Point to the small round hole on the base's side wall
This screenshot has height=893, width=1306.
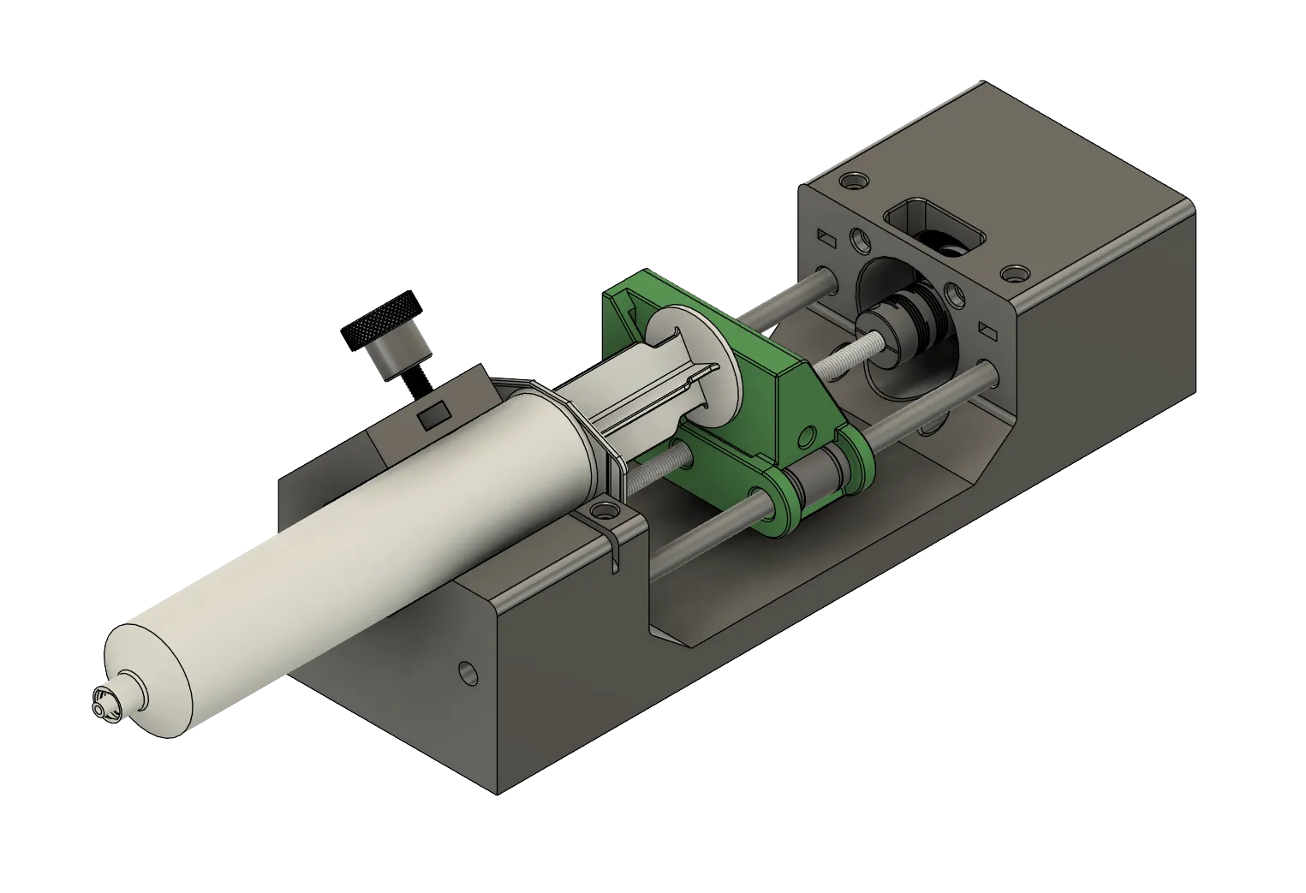click(x=467, y=671)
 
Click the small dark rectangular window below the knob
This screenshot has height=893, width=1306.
click(x=432, y=416)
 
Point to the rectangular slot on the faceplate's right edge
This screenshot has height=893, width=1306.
click(x=987, y=329)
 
